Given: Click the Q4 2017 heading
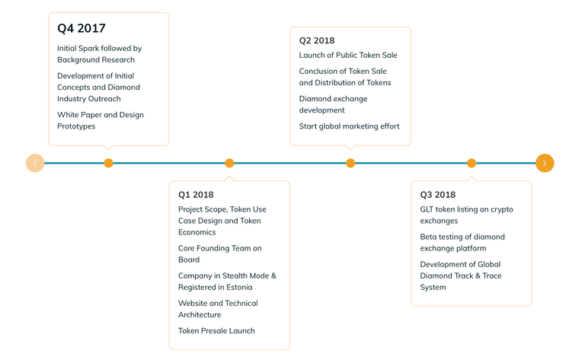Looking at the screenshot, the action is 82,28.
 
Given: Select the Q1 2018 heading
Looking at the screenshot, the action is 196,195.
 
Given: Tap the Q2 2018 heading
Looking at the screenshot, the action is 317,40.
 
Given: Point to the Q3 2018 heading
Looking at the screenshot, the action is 438,195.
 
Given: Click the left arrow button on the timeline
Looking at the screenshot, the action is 35,163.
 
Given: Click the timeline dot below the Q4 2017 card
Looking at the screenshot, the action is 108,163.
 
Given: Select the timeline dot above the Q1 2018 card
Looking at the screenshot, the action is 229,163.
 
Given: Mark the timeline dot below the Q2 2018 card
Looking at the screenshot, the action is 350,163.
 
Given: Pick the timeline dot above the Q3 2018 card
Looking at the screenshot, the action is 472,163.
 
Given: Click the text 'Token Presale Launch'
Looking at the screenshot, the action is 216,331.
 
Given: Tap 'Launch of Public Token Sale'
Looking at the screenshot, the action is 348,55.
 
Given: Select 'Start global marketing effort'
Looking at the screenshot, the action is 349,126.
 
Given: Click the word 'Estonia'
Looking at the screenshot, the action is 239,288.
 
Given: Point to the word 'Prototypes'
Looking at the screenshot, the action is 76,126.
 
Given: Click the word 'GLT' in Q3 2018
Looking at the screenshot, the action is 427,209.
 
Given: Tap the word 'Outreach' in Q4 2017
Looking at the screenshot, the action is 104,99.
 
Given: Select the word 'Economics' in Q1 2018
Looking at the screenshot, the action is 197,232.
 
